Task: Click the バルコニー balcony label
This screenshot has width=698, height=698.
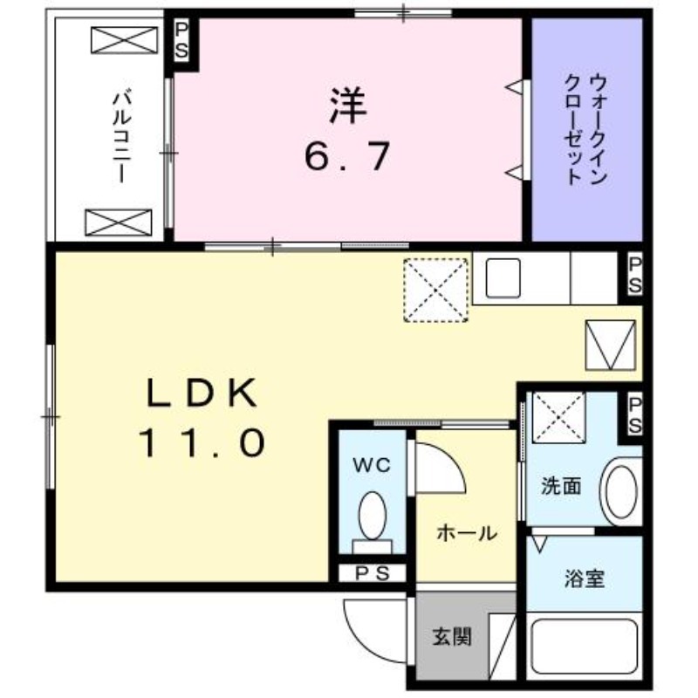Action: [120, 136]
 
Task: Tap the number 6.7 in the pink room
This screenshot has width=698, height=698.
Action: [346, 157]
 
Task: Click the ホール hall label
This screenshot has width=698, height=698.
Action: [467, 532]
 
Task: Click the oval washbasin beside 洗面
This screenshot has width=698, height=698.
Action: [622, 493]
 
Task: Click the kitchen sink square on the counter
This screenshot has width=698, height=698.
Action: [503, 278]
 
